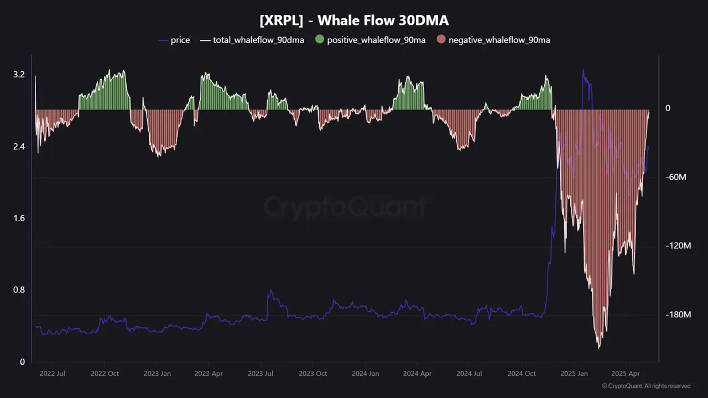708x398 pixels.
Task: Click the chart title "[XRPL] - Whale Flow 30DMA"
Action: [x=354, y=21]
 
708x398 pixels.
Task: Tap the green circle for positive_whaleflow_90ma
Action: [x=320, y=40]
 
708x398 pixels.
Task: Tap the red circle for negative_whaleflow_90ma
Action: [x=441, y=40]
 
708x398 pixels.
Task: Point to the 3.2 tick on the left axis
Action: [x=19, y=75]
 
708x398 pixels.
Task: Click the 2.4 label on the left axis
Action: [x=19, y=146]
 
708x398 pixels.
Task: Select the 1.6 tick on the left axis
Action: [x=19, y=218]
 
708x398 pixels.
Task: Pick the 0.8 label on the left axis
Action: [x=19, y=290]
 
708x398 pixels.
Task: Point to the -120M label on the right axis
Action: [x=678, y=246]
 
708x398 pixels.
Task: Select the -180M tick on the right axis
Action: [x=678, y=315]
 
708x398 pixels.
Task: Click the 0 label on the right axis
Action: [x=668, y=108]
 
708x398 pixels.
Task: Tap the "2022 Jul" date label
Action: [x=52, y=374]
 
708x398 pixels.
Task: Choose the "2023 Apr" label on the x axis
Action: [x=209, y=374]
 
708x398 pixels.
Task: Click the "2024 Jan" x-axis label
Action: [x=366, y=374]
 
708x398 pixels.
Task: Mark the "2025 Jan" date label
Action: [x=575, y=374]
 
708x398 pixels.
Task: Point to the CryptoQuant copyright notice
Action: [x=646, y=386]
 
